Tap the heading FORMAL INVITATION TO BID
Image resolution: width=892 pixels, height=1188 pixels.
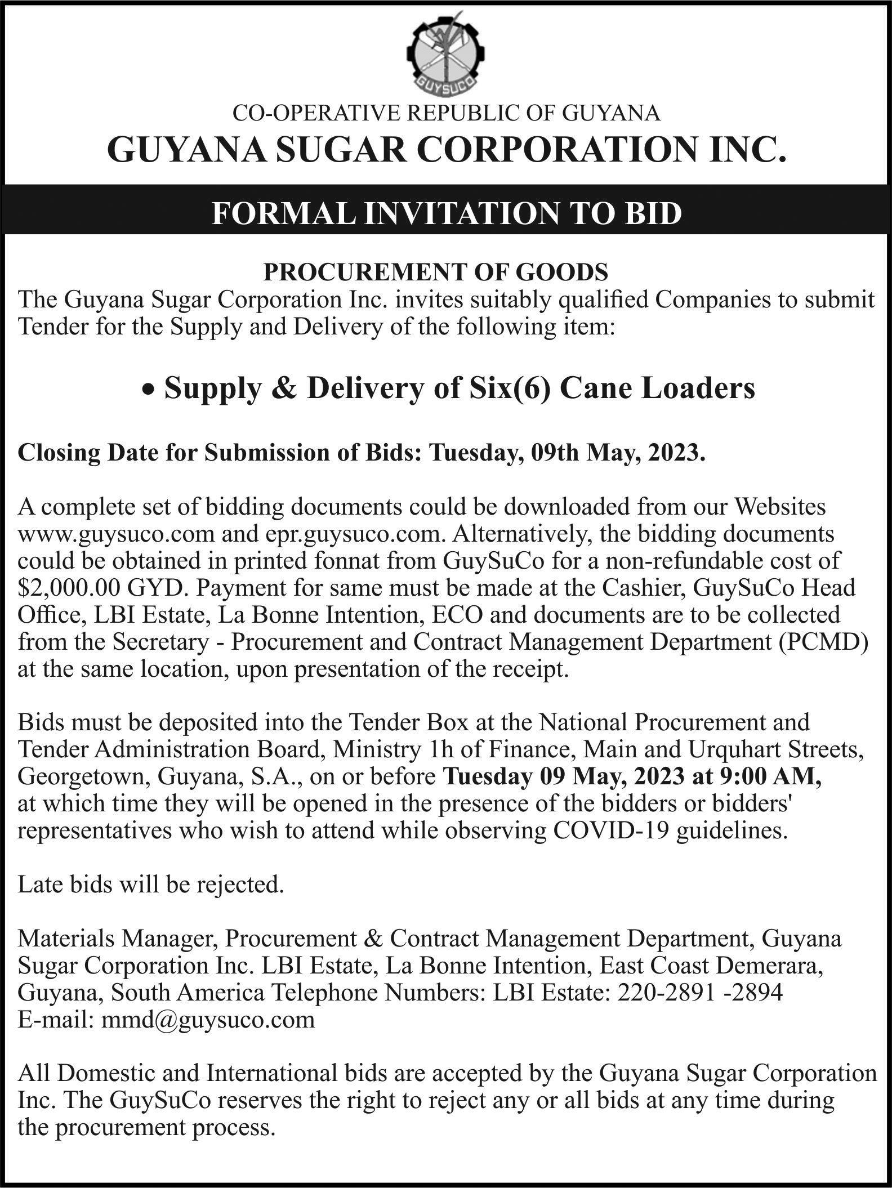[x=446, y=214]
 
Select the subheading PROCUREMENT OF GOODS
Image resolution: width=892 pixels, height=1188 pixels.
[x=436, y=273]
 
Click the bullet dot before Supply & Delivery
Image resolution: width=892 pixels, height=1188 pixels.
[x=148, y=390]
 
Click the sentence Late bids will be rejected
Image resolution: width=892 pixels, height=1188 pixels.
[x=150, y=885]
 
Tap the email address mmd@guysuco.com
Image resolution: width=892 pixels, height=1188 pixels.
[x=207, y=1020]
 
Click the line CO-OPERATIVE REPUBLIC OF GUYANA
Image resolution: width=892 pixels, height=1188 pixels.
[x=446, y=114]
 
